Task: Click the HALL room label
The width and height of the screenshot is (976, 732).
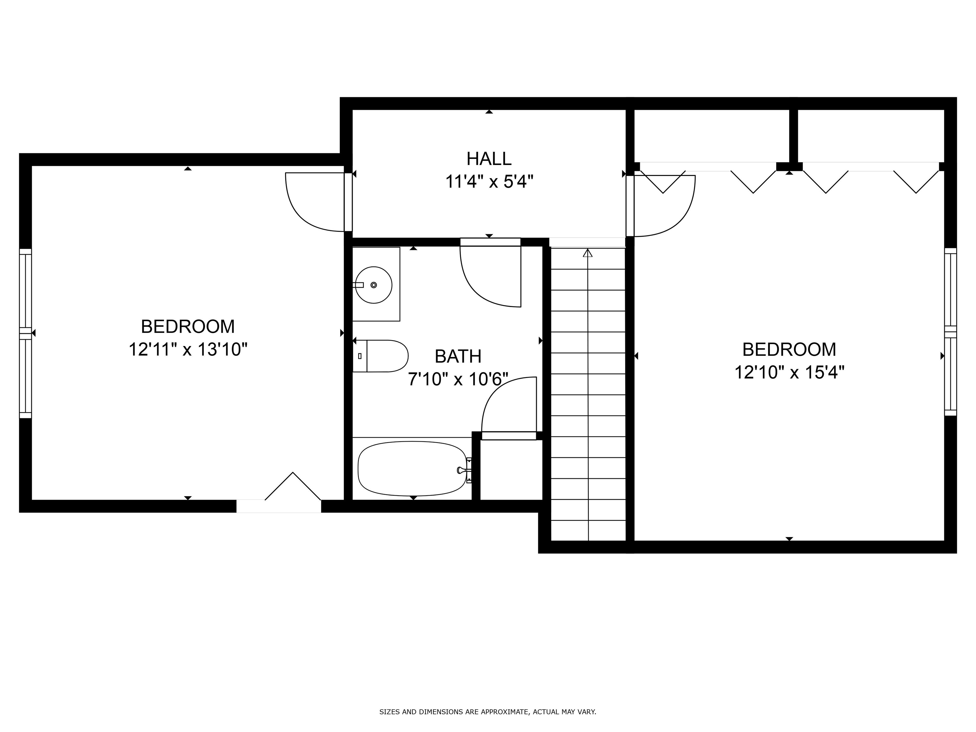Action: coord(489,159)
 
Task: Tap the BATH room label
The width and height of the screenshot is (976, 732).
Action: coord(458,356)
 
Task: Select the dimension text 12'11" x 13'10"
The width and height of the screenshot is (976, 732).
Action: coord(188,349)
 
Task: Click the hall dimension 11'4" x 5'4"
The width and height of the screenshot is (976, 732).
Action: coord(489,181)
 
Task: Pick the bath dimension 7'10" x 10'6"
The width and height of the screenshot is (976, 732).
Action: coord(458,379)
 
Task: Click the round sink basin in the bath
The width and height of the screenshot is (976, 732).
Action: coord(374,285)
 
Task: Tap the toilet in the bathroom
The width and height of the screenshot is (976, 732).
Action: coord(380,356)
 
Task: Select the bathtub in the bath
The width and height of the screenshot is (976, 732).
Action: coord(412,469)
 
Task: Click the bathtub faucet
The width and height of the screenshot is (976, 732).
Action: coord(463,470)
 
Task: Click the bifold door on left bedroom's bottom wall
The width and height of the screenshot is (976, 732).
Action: coord(293,486)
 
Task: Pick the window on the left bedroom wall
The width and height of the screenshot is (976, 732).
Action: coord(26,333)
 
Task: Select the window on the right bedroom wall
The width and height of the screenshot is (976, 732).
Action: coord(950,332)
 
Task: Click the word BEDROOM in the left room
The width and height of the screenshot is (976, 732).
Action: coord(188,327)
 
